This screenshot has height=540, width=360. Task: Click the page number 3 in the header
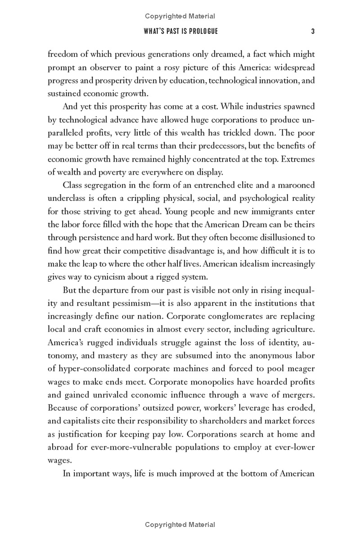[x=312, y=31]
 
